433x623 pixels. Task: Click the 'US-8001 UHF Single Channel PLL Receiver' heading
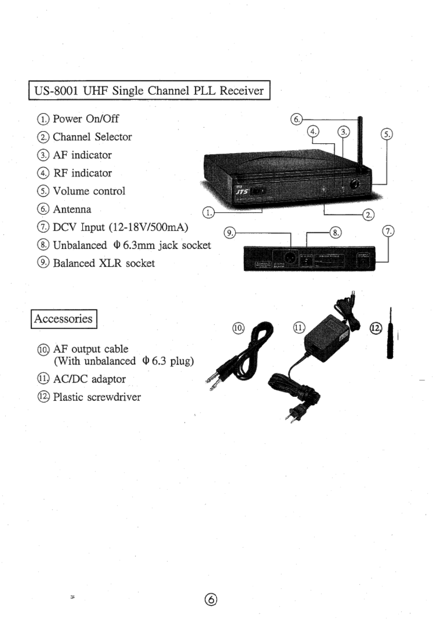(x=149, y=90)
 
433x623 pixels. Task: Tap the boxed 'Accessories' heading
(x=63, y=319)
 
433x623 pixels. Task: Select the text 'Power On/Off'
(x=85, y=119)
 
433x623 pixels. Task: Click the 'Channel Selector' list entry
(x=92, y=137)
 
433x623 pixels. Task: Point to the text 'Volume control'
(x=89, y=191)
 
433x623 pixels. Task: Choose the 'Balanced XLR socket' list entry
(x=104, y=263)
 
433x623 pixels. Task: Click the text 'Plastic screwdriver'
(x=97, y=397)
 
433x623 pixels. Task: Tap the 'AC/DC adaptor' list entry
(x=89, y=379)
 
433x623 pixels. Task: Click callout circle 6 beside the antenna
(x=296, y=119)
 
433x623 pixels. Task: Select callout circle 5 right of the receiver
(x=387, y=134)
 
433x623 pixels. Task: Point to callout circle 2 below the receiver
(x=369, y=215)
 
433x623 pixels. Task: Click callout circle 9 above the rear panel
(x=230, y=233)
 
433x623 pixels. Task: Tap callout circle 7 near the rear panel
(x=388, y=231)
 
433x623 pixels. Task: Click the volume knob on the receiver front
(x=354, y=185)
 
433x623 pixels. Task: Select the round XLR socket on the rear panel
(x=290, y=258)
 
